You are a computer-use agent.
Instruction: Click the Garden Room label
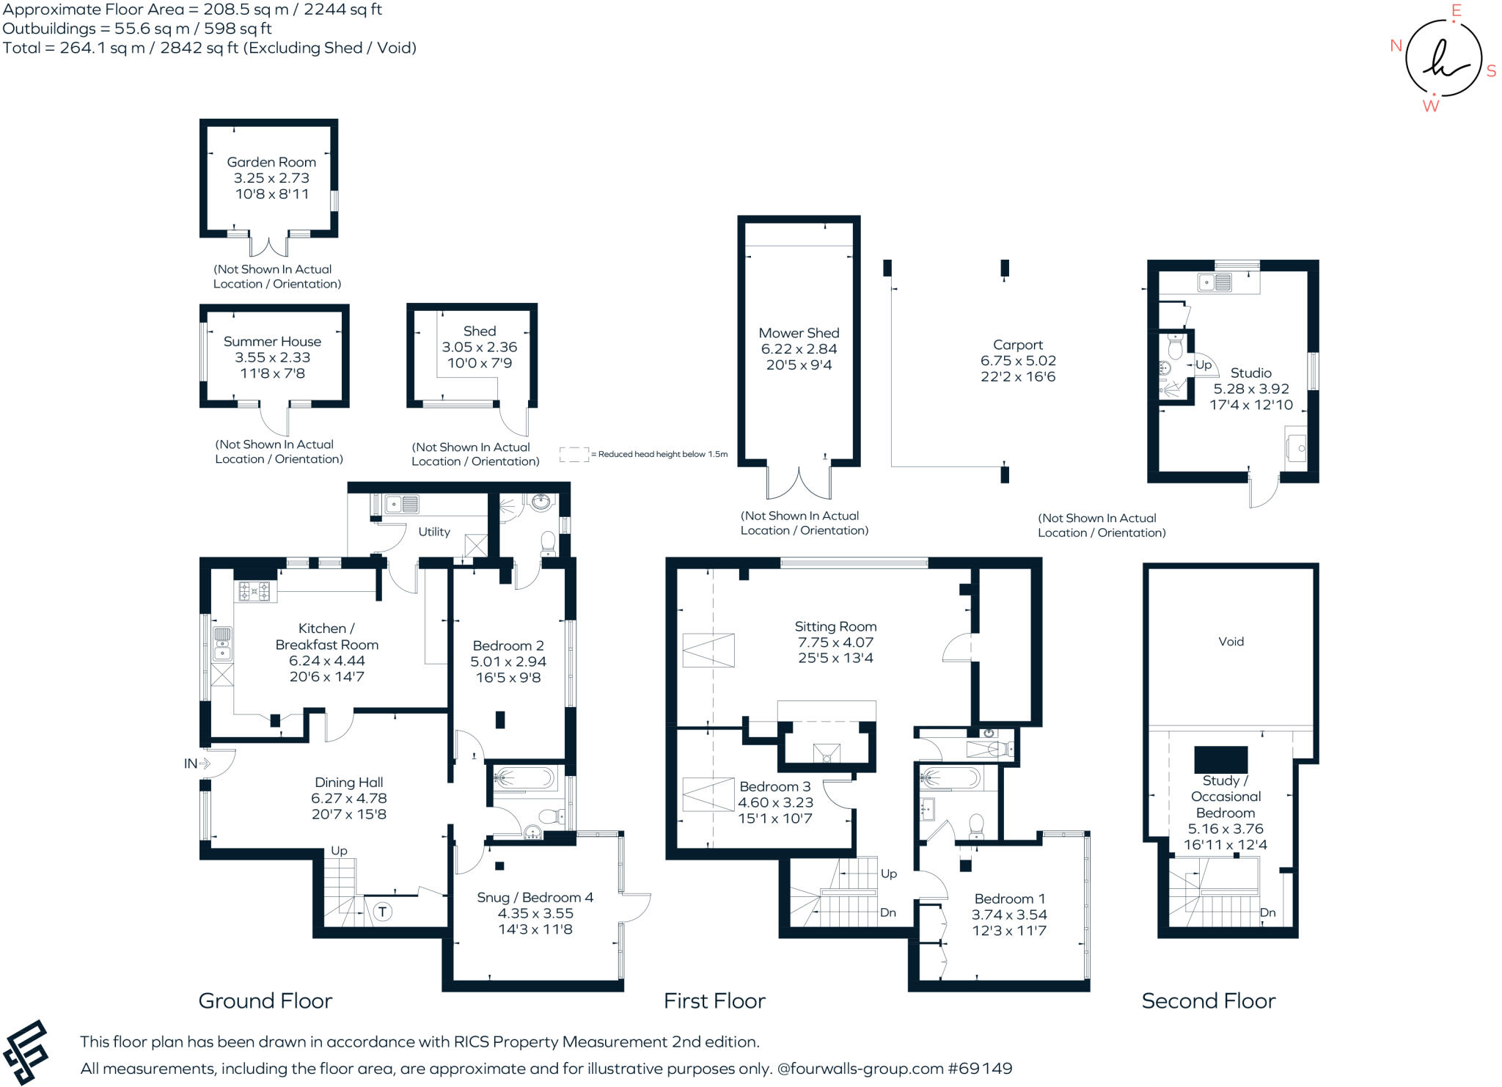271,162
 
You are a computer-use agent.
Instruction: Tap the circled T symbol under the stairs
382,912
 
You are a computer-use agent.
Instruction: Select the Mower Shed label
799,333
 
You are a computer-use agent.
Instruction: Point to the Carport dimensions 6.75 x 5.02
1018,361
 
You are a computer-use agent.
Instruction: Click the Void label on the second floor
1231,641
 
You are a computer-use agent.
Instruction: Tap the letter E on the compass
1457,10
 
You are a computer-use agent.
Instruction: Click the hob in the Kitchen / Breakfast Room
255,591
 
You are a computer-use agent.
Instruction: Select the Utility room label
434,532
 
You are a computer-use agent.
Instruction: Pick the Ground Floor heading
265,1001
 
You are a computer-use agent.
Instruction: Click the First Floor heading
714,1001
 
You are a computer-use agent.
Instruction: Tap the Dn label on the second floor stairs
1267,912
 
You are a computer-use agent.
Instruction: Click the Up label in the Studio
1204,365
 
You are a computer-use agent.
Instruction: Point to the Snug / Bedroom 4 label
535,898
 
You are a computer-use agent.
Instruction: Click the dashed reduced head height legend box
574,455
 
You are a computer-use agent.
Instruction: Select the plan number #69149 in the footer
981,1069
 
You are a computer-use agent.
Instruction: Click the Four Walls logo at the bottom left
26,1053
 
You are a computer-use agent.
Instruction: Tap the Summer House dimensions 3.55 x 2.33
272,358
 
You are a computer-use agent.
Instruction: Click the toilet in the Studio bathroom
1175,346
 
